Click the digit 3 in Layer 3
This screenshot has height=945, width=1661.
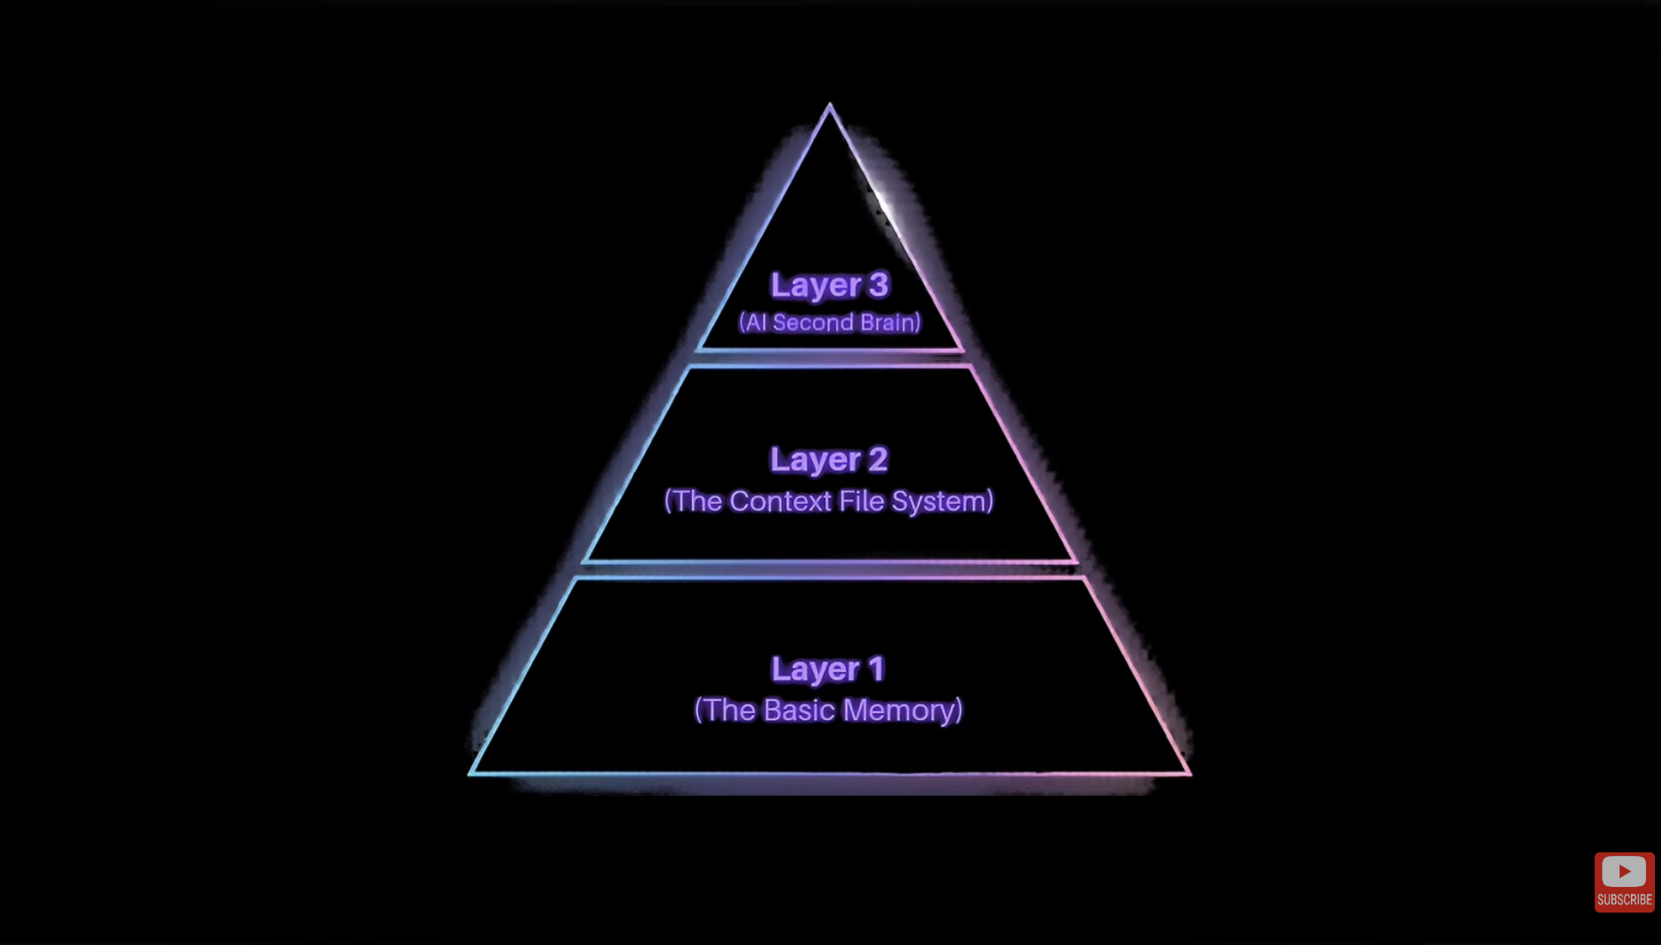point(878,285)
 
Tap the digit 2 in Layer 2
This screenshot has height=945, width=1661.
point(878,460)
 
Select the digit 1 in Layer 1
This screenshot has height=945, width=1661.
point(876,668)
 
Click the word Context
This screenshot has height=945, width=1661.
point(781,501)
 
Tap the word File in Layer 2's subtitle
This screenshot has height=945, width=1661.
point(862,501)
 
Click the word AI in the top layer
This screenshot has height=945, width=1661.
point(755,323)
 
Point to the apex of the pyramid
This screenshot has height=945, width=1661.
point(830,104)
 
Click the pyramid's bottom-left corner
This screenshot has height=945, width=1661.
point(470,774)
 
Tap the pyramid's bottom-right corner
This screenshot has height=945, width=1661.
point(1191,774)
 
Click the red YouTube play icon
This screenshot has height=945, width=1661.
point(1624,871)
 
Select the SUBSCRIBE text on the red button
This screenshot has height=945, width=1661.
point(1624,900)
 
